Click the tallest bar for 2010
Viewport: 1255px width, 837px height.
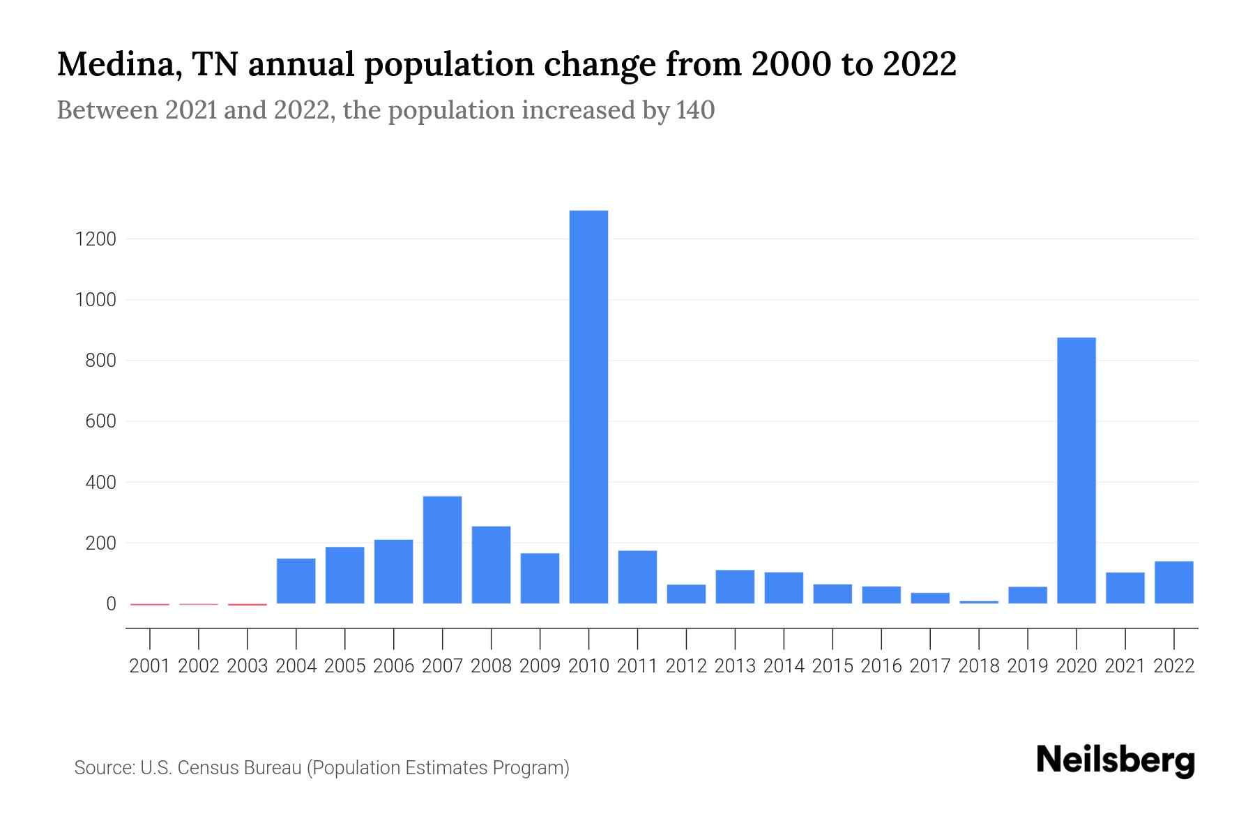pyautogui.click(x=588, y=407)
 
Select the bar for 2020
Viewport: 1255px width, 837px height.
pyautogui.click(x=1076, y=470)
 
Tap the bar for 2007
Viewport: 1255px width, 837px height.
pyautogui.click(x=442, y=550)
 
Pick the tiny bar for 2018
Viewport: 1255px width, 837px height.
pyautogui.click(x=979, y=602)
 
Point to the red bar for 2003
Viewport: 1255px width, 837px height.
pyautogui.click(x=248, y=604)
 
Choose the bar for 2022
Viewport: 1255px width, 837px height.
pyautogui.click(x=1173, y=582)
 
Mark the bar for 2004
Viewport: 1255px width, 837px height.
pyautogui.click(x=296, y=581)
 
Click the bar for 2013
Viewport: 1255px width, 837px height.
pyautogui.click(x=735, y=587)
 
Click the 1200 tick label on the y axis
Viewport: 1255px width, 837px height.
pyautogui.click(x=96, y=239)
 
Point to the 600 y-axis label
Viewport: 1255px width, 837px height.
pyautogui.click(x=100, y=421)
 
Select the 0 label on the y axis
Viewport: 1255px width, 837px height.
pyautogui.click(x=111, y=604)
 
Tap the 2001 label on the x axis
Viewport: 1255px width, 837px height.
pyautogui.click(x=150, y=666)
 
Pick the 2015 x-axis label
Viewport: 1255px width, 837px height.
pyautogui.click(x=832, y=666)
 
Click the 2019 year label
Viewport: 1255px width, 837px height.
pyautogui.click(x=1028, y=666)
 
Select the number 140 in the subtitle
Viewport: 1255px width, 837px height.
pyautogui.click(x=695, y=110)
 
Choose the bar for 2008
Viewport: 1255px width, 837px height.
pyautogui.click(x=491, y=565)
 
